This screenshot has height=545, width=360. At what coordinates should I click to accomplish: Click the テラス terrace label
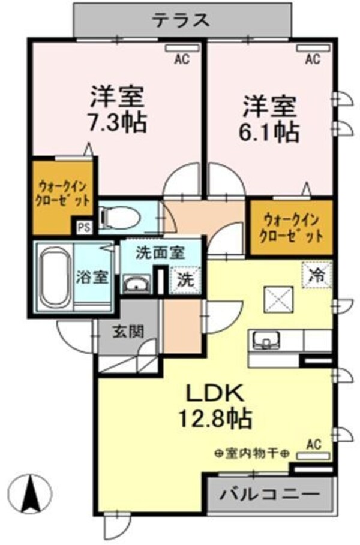pos(181,20)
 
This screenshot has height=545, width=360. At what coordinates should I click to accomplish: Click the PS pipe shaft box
pos(83,227)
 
